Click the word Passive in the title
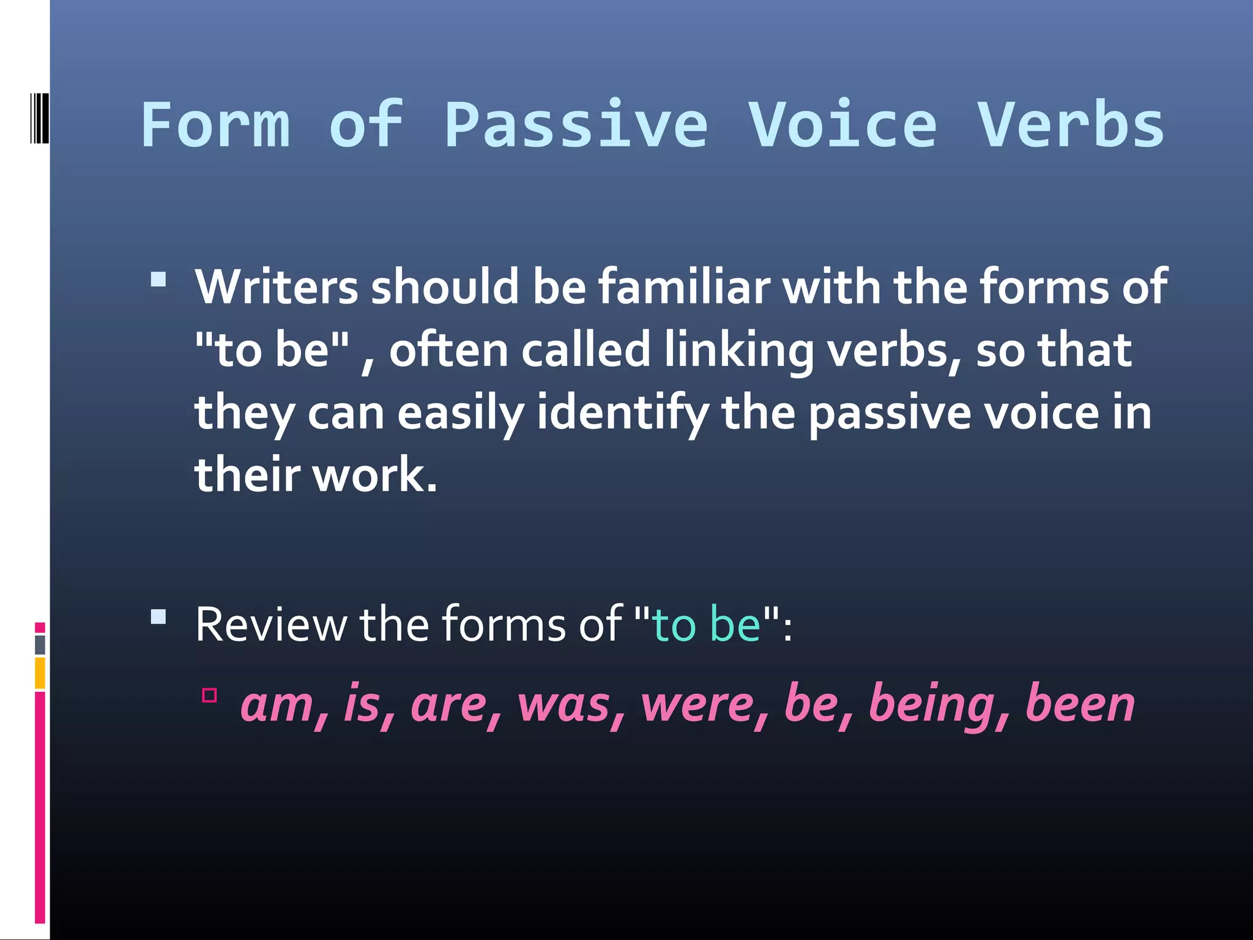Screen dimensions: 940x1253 [576, 125]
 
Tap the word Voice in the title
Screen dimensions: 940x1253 [843, 125]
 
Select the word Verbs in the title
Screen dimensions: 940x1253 [1071, 125]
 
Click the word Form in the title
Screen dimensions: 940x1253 [215, 125]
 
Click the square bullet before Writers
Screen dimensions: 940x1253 [158, 280]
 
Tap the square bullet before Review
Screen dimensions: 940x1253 [158, 616]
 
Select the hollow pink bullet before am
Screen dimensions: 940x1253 [209, 695]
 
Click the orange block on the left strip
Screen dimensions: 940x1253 [40, 673]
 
